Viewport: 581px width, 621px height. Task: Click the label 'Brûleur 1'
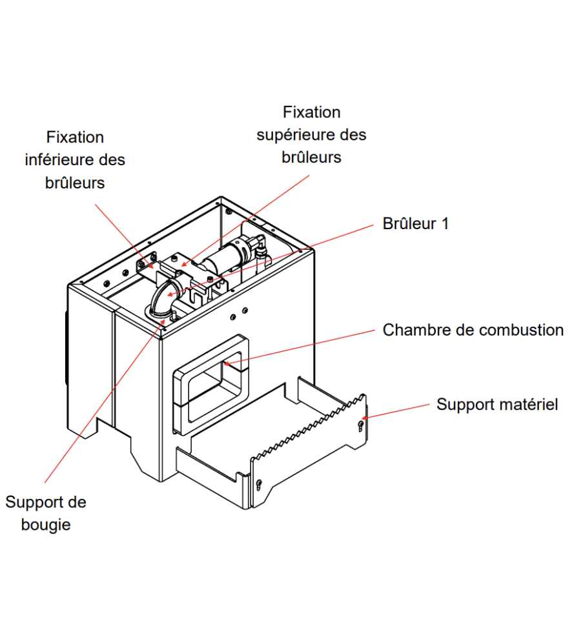pyautogui.click(x=415, y=224)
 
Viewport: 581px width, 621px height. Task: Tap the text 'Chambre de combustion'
pyautogui.click(x=473, y=330)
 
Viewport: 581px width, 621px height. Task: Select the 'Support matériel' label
pyautogui.click(x=497, y=405)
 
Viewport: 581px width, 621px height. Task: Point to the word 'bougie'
pyautogui.click(x=46, y=524)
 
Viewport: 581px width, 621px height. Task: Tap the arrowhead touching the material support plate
pyautogui.click(x=363, y=418)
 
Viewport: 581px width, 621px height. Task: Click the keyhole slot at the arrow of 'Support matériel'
pyautogui.click(x=360, y=424)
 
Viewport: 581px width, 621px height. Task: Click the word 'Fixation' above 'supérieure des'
pyautogui.click(x=311, y=112)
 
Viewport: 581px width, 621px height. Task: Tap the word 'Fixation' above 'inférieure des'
pyautogui.click(x=75, y=137)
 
